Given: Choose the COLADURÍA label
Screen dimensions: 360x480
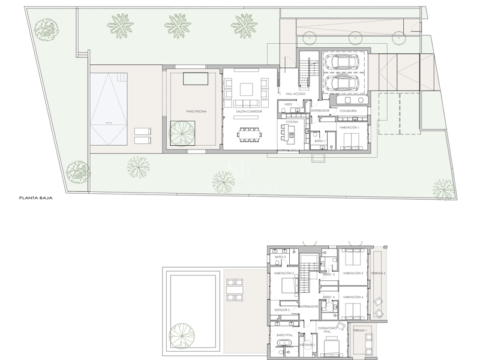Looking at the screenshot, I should click(348, 111).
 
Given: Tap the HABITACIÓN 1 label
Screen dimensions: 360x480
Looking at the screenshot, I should click(349, 127).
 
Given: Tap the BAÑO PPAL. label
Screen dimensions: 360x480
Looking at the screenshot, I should click(284, 335).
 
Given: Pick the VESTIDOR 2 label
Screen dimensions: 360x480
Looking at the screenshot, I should click(282, 310).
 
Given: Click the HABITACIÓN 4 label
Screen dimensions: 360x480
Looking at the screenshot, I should click(353, 297).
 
